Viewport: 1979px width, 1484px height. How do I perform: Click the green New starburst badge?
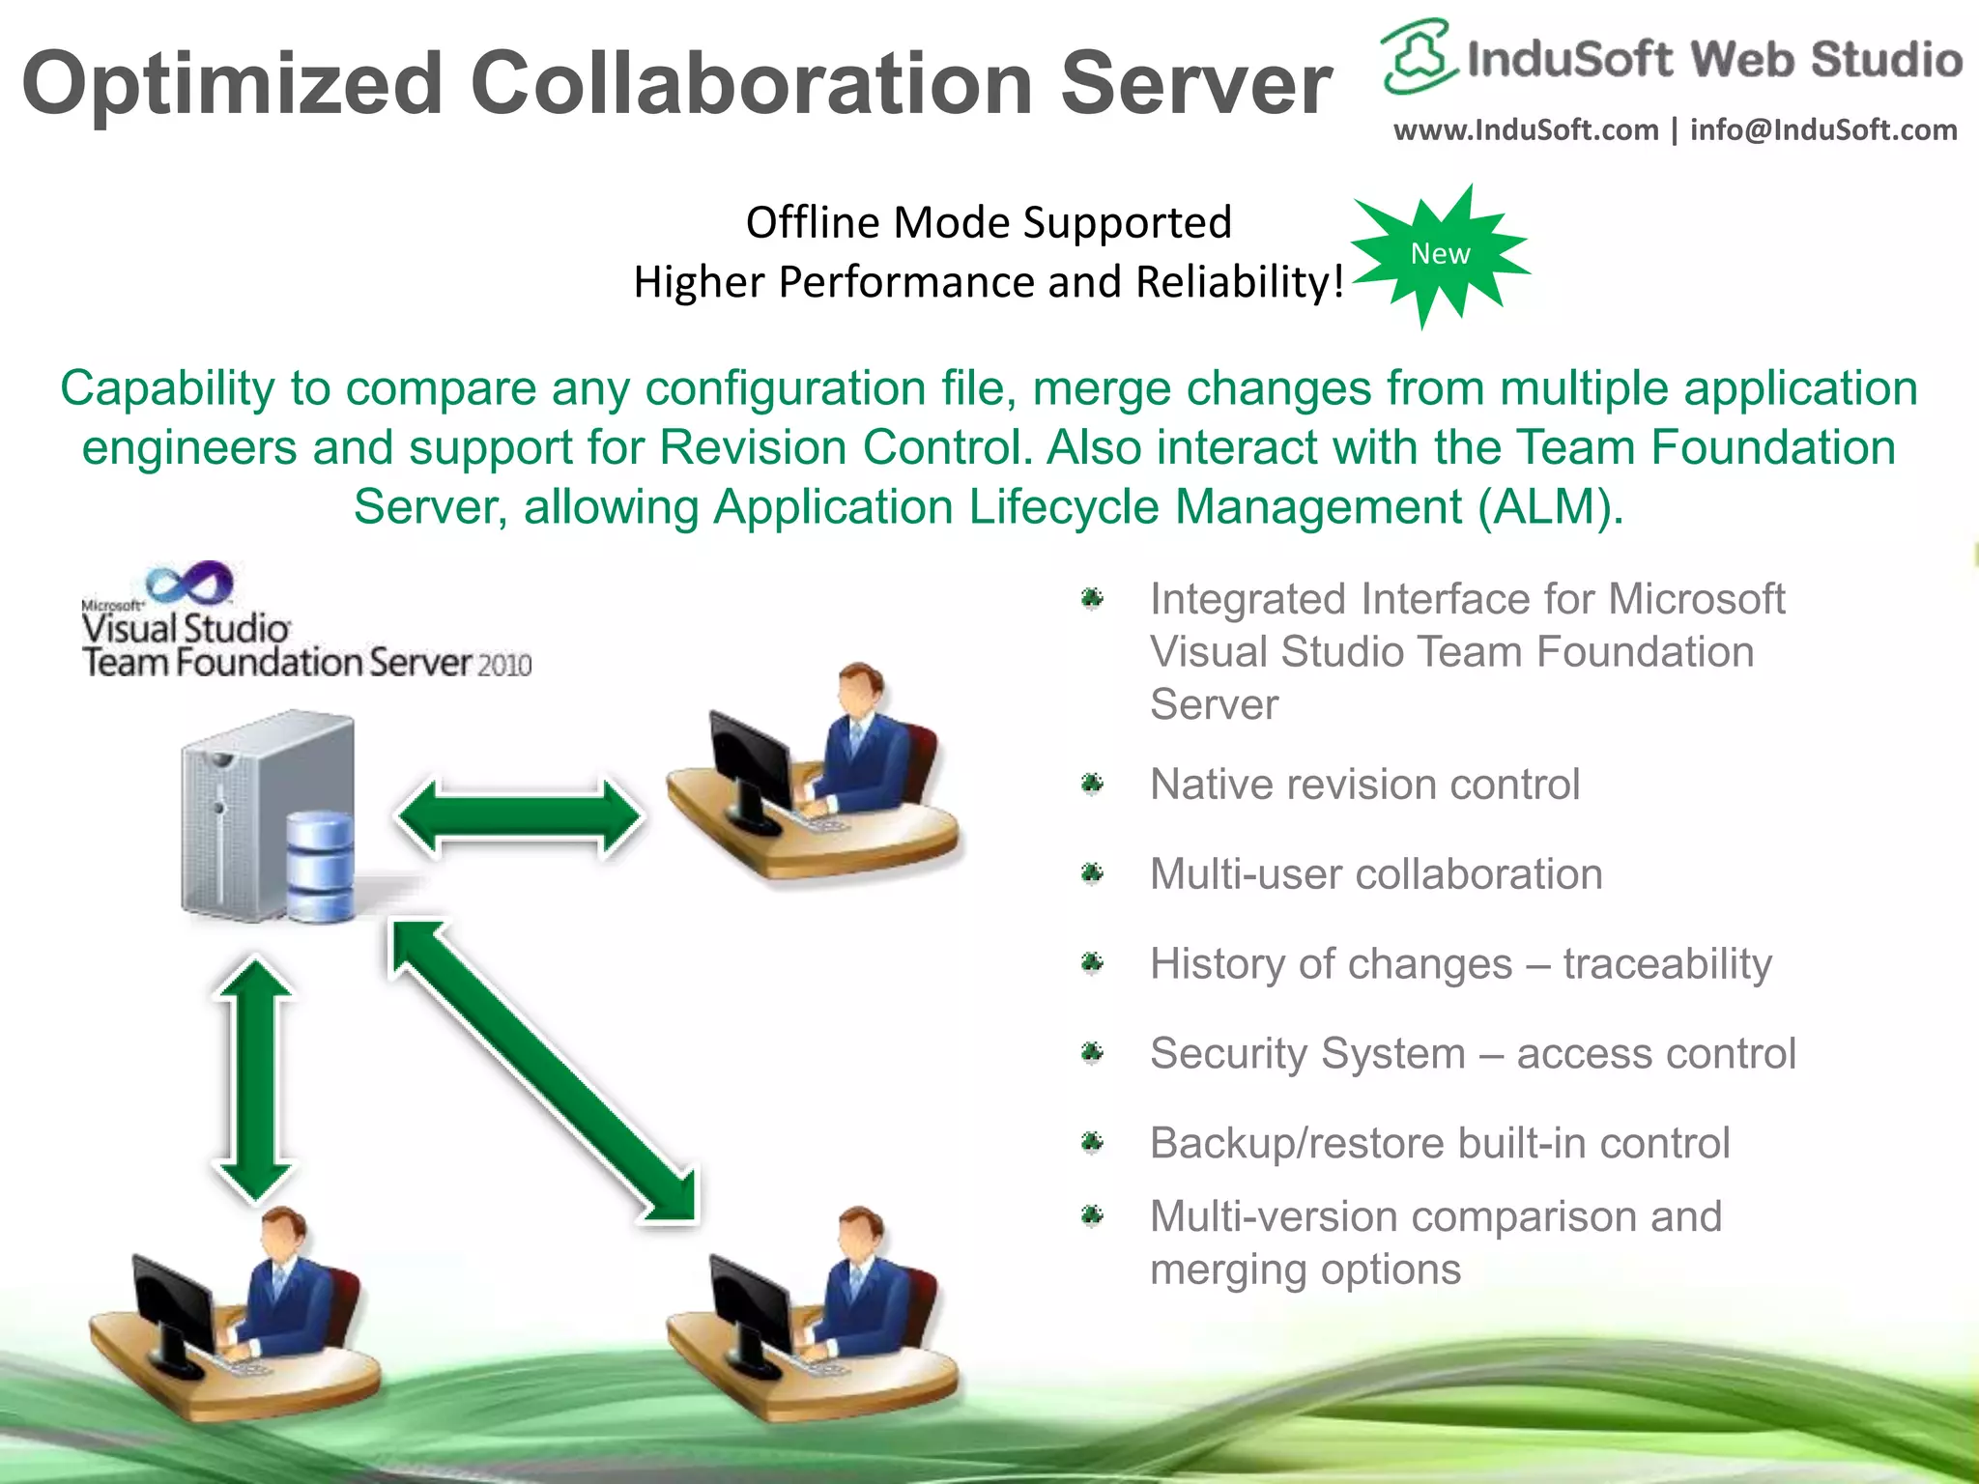point(1440,254)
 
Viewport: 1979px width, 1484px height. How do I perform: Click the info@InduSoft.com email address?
point(1823,129)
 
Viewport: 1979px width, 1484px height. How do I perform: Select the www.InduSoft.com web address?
point(1525,129)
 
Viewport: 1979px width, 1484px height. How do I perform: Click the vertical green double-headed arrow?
point(254,1079)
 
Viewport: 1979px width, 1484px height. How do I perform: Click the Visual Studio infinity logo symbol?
point(189,583)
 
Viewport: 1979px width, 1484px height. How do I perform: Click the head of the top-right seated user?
point(858,689)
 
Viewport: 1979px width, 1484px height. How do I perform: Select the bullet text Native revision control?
point(1364,785)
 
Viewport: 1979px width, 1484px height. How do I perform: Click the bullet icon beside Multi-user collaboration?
point(1092,873)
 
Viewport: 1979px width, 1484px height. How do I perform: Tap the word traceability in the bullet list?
point(1667,964)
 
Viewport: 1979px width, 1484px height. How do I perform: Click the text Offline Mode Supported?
point(989,223)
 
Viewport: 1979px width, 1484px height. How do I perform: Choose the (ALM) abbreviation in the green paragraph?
point(1550,507)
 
